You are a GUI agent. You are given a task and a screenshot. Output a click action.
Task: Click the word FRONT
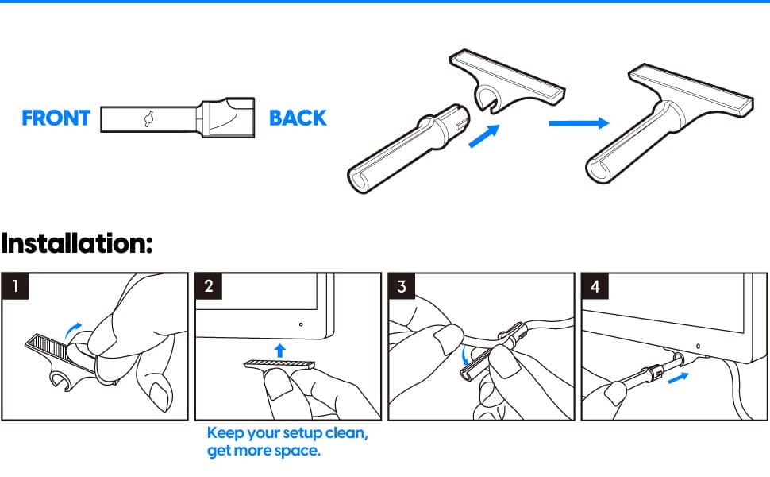pos(56,118)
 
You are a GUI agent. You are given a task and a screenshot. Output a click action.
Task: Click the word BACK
pos(298,118)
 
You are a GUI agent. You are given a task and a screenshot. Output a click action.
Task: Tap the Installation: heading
pos(77,243)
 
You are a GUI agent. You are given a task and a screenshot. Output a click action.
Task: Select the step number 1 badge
pos(15,285)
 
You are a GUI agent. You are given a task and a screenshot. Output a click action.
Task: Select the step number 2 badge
pos(209,285)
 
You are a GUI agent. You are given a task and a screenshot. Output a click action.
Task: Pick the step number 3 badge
pos(402,285)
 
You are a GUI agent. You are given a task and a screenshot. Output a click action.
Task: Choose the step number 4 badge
pos(595,285)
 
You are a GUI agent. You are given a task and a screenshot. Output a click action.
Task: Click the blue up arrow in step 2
pos(280,351)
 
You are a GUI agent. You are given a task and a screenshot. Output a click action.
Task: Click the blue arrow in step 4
pos(678,378)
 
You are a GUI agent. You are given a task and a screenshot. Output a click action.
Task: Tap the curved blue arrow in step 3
pos(465,355)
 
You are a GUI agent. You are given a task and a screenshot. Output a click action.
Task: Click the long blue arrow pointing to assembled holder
pos(579,123)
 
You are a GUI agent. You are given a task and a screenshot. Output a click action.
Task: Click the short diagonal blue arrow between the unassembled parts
pos(484,136)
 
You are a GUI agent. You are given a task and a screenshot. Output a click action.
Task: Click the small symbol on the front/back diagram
pos(149,118)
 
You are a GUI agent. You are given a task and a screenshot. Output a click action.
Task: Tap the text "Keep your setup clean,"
pos(287,433)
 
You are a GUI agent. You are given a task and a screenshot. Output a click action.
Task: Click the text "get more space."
pos(264,451)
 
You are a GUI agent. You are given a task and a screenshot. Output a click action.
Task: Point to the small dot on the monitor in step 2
pos(301,324)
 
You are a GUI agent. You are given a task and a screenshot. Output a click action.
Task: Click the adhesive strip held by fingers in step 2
pos(279,365)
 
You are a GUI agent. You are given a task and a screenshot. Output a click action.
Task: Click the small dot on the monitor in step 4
pos(699,346)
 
